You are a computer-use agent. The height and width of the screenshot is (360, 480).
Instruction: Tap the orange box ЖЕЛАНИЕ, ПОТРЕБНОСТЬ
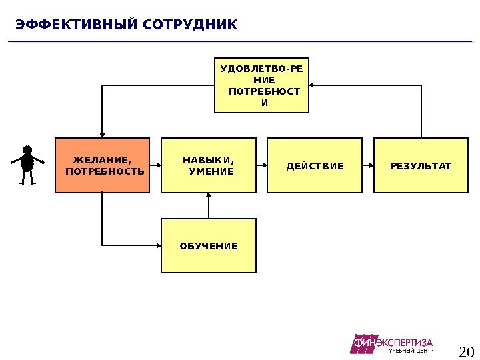pyautogui.click(x=102, y=165)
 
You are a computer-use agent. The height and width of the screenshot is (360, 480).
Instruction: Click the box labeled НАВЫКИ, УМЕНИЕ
pyautogui.click(x=209, y=165)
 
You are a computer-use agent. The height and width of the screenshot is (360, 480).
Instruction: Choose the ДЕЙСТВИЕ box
pyautogui.click(x=315, y=165)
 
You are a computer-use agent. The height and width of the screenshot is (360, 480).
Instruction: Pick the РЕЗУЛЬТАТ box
pyautogui.click(x=421, y=165)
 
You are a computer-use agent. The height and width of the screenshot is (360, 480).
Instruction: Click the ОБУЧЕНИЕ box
pyautogui.click(x=209, y=246)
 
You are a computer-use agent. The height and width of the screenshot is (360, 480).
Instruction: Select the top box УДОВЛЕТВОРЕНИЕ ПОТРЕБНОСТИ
pyautogui.click(x=262, y=85)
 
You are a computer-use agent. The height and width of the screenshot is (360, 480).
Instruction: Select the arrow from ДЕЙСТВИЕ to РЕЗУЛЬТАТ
pyautogui.click(x=368, y=165)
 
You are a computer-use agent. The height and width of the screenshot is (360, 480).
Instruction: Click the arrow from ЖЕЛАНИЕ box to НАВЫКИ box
pyautogui.click(x=155, y=165)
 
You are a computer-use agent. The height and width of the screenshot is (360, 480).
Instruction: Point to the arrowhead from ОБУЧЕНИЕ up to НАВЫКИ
pyautogui.click(x=209, y=196)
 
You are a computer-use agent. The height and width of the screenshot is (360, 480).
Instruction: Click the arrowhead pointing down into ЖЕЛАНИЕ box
pyautogui.click(x=102, y=134)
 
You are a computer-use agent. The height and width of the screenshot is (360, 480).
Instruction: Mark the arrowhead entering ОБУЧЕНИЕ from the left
pyautogui.click(x=157, y=246)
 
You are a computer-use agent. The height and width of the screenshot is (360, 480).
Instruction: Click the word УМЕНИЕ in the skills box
pyautogui.click(x=211, y=171)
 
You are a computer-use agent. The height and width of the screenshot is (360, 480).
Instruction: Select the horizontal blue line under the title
pyautogui.click(x=240, y=41)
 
